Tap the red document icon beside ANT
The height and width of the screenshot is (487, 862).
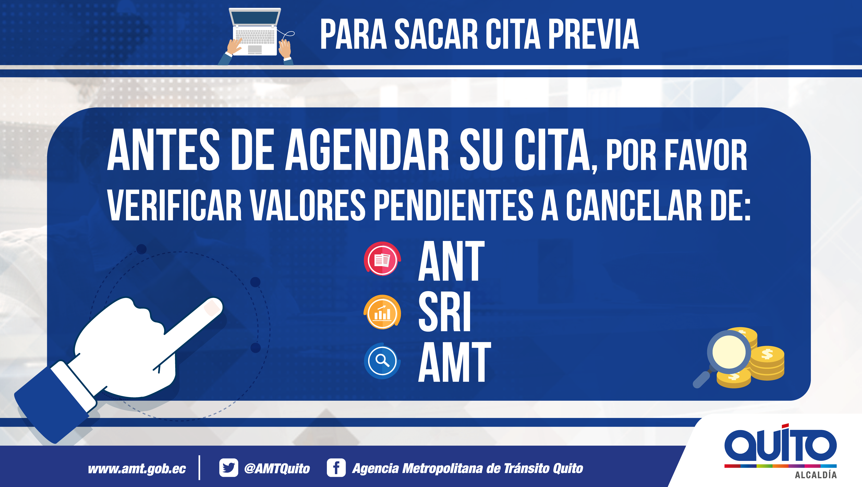tap(382, 259)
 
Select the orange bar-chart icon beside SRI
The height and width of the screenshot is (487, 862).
tap(382, 312)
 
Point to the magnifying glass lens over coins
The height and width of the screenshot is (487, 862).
tap(729, 352)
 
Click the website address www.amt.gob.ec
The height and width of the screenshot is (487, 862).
tap(137, 468)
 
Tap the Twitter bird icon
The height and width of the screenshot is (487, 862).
tap(229, 468)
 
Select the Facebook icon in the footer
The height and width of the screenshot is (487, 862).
tap(336, 468)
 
